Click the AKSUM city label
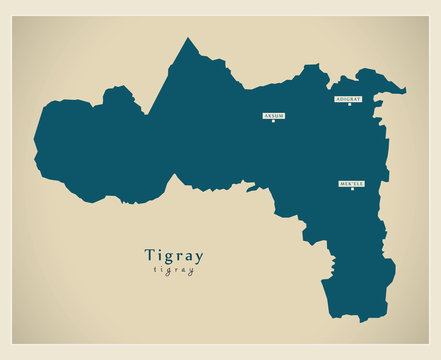click(x=274, y=116)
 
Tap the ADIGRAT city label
click(x=348, y=99)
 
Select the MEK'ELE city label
click(x=352, y=184)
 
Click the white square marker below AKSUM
click(x=274, y=122)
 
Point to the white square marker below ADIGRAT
click(x=349, y=105)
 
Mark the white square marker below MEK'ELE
click(x=352, y=191)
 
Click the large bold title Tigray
click(x=174, y=255)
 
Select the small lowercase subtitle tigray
click(x=174, y=271)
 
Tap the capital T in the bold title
click(x=150, y=254)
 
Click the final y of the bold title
click(x=199, y=257)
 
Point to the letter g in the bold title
click(x=171, y=257)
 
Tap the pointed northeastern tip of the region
click(x=404, y=91)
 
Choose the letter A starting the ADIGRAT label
click(x=338, y=99)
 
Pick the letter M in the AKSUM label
click(x=283, y=116)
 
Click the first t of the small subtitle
click(x=156, y=271)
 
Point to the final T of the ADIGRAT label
click(x=358, y=99)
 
